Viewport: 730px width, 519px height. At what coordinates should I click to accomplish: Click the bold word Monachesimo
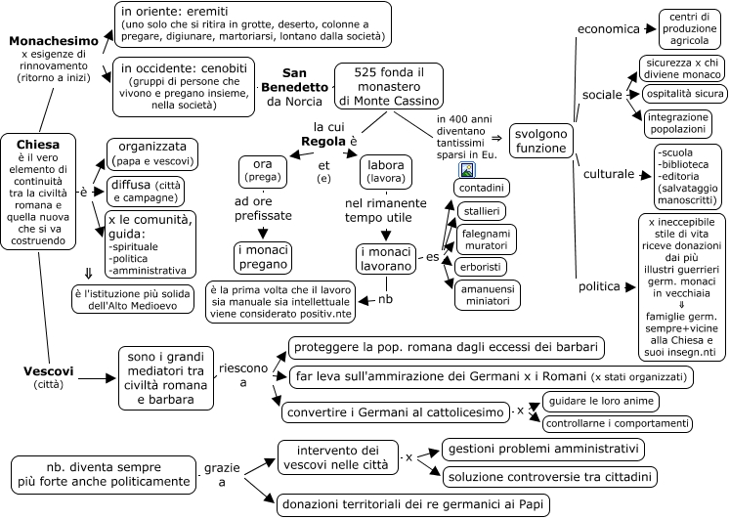point(54,41)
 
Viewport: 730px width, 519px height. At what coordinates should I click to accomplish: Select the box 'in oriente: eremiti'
point(253,24)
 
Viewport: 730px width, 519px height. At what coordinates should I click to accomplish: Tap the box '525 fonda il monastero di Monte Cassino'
point(389,86)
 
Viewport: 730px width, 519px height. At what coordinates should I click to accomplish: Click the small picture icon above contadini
point(467,170)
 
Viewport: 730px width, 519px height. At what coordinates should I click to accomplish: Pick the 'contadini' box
point(482,188)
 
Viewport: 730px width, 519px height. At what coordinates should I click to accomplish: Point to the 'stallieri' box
point(482,211)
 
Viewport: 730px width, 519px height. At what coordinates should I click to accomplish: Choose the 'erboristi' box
point(481,267)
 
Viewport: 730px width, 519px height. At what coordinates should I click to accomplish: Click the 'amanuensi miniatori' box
point(487,295)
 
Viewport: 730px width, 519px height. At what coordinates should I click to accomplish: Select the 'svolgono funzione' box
point(540,141)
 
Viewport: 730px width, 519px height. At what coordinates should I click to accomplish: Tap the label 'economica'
point(609,29)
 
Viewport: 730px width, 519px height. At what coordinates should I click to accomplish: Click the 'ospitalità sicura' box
point(685,94)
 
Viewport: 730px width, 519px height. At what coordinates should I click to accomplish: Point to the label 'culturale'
point(609,174)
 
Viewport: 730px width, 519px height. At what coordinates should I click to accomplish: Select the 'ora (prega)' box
point(263,172)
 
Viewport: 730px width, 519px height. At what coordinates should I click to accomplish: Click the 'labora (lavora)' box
point(386,172)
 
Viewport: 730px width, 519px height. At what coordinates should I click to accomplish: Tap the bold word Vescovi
point(49,371)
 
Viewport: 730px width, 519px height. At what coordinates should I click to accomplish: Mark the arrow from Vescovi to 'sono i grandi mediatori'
point(97,378)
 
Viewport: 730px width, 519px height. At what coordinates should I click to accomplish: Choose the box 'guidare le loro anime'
point(601,402)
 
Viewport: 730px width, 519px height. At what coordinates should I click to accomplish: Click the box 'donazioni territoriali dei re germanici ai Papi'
point(412,504)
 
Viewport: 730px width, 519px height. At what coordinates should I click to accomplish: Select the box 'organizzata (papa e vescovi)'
point(152,154)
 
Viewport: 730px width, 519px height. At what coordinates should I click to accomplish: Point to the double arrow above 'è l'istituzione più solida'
point(88,274)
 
